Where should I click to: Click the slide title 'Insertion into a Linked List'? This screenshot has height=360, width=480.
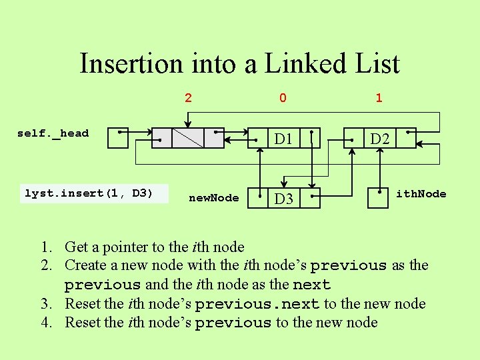pyautogui.click(x=239, y=64)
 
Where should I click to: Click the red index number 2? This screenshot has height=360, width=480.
pyautogui.click(x=188, y=98)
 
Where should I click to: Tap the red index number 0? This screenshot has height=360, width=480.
pyautogui.click(x=283, y=98)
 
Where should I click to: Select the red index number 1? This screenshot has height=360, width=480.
pyautogui.click(x=379, y=98)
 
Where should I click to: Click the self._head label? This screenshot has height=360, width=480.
pyautogui.click(x=53, y=133)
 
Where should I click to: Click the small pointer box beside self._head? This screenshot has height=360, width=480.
pyautogui.click(x=118, y=137)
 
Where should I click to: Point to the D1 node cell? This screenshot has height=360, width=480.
pyautogui.click(x=284, y=139)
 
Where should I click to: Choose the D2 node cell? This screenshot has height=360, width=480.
pyautogui.click(x=380, y=139)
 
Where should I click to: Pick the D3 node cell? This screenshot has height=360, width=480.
pyautogui.click(x=284, y=199)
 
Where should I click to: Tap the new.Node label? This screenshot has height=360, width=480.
pyautogui.click(x=214, y=198)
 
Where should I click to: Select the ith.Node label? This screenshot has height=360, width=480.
pyautogui.click(x=421, y=194)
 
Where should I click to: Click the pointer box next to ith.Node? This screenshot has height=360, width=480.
pyautogui.click(x=378, y=198)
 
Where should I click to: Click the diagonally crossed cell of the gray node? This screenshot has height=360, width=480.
pyautogui.click(x=188, y=137)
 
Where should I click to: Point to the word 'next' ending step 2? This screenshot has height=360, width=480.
pyautogui.click(x=311, y=285)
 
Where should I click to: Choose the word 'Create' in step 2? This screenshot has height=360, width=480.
pyautogui.click(x=85, y=265)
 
